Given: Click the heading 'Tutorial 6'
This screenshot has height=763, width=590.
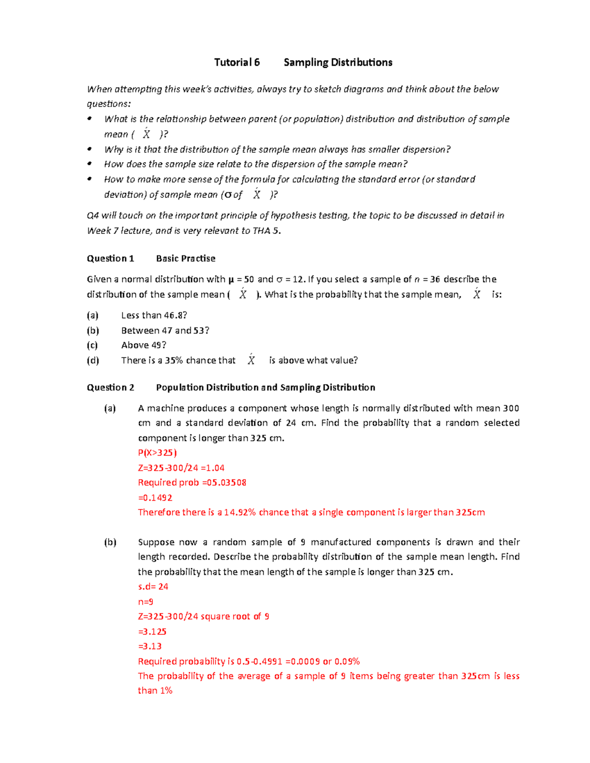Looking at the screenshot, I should click(x=236, y=62).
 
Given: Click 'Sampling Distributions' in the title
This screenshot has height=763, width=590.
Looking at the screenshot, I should click(x=338, y=62).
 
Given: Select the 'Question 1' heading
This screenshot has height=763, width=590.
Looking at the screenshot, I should click(x=110, y=258).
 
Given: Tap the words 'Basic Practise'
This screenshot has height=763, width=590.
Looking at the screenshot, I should click(x=185, y=258).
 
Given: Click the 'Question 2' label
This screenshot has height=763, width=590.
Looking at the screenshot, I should click(x=110, y=388).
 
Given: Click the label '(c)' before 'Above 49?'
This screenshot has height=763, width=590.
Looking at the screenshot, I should click(x=92, y=345).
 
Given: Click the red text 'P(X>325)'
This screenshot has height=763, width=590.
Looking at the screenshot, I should click(x=157, y=453).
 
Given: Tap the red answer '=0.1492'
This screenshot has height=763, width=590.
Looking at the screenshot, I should click(x=155, y=498).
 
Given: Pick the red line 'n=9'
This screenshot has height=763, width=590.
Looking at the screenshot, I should click(x=146, y=602).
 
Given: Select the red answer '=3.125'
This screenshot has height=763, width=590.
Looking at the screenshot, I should click(x=152, y=632).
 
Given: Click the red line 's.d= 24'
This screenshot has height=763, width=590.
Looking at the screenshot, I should click(x=153, y=587).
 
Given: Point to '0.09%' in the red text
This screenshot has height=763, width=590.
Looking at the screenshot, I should click(x=347, y=662).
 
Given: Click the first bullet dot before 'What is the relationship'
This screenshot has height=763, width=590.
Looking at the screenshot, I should click(x=89, y=119).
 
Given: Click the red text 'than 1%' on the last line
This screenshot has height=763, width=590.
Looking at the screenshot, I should click(x=155, y=691).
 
